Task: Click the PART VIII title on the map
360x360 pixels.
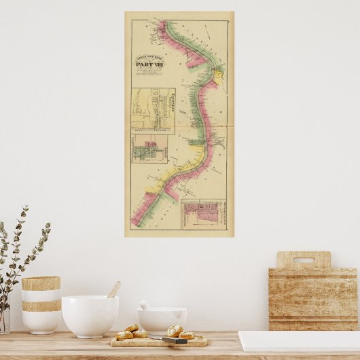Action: click(145, 65)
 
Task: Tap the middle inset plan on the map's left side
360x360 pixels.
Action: click(150, 149)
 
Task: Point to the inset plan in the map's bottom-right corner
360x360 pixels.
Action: click(203, 214)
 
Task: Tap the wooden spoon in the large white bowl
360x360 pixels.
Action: click(113, 290)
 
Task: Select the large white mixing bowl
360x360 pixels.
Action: click(90, 316)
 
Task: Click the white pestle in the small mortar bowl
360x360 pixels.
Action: click(145, 305)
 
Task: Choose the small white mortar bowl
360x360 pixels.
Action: click(162, 320)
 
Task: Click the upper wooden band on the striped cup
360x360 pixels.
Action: click(41, 283)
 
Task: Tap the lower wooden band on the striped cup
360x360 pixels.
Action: click(41, 306)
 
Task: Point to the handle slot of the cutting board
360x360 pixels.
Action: click(304, 260)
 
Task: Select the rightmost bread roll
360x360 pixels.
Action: click(186, 335)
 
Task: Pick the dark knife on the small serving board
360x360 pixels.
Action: click(173, 340)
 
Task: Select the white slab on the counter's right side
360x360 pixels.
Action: click(299, 341)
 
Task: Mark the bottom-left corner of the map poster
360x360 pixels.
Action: click(126, 236)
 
